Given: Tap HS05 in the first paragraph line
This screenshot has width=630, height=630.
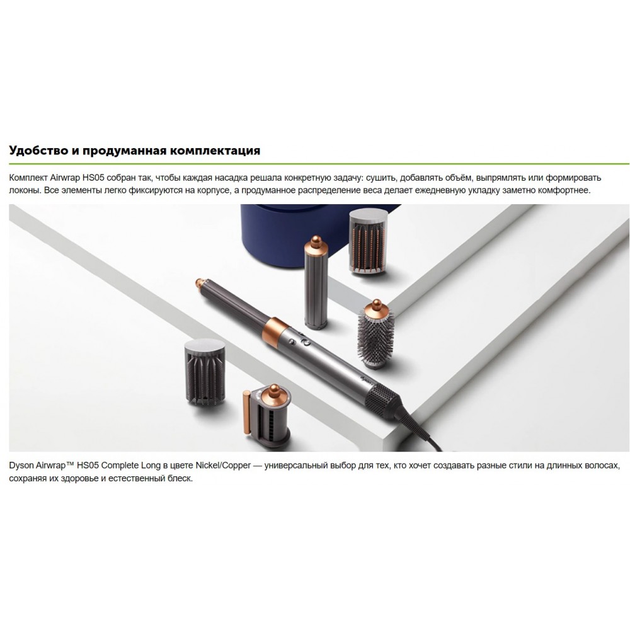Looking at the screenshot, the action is coord(93,178).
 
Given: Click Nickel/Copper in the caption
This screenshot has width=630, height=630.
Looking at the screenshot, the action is coord(223,466).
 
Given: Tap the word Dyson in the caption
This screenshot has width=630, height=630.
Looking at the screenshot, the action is coord(21,466).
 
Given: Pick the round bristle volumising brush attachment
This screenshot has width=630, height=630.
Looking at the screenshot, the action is coord(376,333).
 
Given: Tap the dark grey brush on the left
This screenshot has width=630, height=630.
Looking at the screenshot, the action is coord(205,372).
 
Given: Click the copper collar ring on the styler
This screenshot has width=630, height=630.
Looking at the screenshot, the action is coord(275,329).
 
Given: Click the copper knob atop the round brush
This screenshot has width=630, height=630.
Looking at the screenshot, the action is coord(376,304).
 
